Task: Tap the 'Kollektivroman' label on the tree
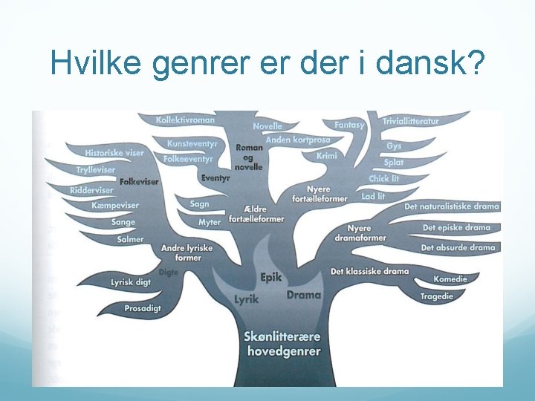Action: [186, 120]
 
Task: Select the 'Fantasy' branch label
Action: [349, 125]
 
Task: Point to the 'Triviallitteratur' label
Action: [411, 121]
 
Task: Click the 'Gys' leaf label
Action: [394, 146]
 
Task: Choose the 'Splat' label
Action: [394, 163]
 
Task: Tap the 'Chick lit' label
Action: [384, 179]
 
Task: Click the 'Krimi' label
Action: [326, 156]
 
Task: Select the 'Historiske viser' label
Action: [114, 153]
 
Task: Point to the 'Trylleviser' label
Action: [96, 170]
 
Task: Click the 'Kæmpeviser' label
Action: [115, 206]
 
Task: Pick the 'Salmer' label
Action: [130, 239]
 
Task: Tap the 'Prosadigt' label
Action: [142, 307]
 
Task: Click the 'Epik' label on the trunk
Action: [271, 277]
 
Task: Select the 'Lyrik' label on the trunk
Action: [246, 299]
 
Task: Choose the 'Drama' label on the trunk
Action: [304, 295]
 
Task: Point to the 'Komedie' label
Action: [451, 279]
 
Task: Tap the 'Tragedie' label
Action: [437, 296]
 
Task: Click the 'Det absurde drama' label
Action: [458, 247]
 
